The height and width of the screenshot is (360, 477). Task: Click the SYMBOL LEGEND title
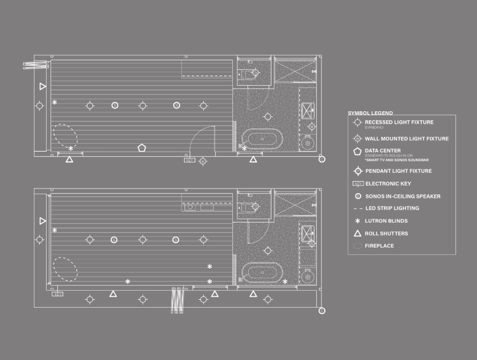click(x=370, y=113)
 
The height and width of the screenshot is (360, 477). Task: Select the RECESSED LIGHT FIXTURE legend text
click(x=399, y=122)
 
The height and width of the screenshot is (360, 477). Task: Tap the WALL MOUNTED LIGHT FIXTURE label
click(x=407, y=139)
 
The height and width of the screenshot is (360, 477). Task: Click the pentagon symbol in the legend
click(x=357, y=152)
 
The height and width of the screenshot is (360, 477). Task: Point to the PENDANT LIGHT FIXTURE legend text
click(x=398, y=171)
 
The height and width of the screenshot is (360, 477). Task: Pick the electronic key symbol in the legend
click(x=358, y=183)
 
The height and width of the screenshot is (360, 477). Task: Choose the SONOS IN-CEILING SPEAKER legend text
click(x=403, y=196)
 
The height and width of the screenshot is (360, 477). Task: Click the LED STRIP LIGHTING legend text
click(x=392, y=208)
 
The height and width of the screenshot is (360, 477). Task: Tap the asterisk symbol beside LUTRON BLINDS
click(x=357, y=221)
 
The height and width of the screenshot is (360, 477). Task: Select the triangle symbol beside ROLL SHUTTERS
click(x=357, y=233)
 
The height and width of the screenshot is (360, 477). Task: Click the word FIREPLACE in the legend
click(x=379, y=246)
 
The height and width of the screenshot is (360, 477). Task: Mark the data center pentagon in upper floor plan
click(x=141, y=148)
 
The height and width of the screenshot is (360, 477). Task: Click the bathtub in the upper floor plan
click(x=262, y=139)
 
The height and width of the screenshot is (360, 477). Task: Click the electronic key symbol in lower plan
click(x=57, y=294)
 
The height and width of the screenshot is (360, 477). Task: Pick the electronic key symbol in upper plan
click(x=189, y=160)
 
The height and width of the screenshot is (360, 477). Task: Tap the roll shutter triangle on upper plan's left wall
click(x=43, y=86)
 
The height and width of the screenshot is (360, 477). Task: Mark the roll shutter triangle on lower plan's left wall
click(x=43, y=220)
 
